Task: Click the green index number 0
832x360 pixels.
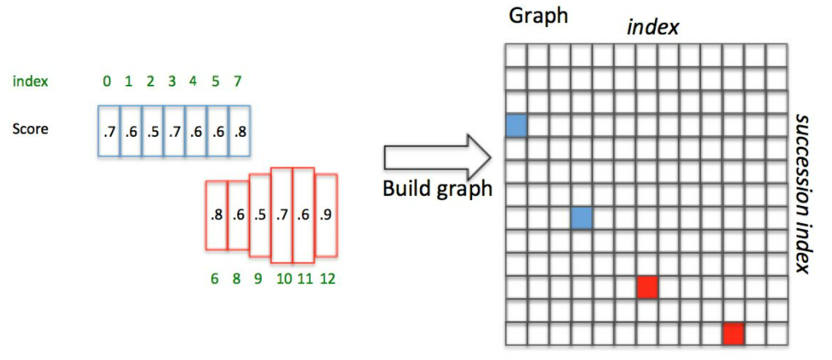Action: click(x=106, y=82)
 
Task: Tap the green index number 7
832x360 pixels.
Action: click(x=239, y=82)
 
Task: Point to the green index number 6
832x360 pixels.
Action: click(x=215, y=278)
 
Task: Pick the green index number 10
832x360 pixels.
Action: click(x=283, y=278)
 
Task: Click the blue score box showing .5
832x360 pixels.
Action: click(x=152, y=131)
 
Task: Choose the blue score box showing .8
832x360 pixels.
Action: click(x=239, y=131)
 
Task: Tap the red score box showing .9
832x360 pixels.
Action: click(x=327, y=214)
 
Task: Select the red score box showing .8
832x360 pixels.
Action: click(x=216, y=214)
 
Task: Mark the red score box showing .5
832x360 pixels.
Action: click(x=260, y=214)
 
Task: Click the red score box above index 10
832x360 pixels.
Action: click(x=283, y=214)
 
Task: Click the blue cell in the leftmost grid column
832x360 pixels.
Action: click(x=516, y=125)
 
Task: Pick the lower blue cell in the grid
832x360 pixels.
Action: click(x=581, y=217)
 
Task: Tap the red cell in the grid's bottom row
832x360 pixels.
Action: click(x=733, y=333)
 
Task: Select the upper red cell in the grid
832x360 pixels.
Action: click(x=647, y=287)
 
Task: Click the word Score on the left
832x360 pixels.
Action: click(x=30, y=129)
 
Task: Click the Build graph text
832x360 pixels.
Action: click(x=437, y=189)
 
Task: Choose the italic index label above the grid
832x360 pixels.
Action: click(x=652, y=26)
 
